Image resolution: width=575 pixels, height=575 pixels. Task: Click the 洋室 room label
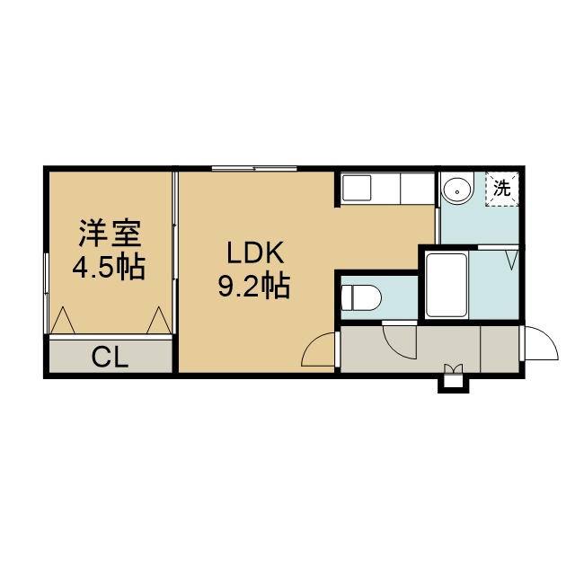pyautogui.click(x=110, y=234)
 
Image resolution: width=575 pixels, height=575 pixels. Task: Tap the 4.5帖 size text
pyautogui.click(x=109, y=268)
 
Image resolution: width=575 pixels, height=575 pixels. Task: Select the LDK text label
pyautogui.click(x=255, y=253)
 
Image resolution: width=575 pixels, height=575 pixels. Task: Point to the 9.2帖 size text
pyautogui.click(x=254, y=286)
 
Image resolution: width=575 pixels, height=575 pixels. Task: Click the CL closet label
pyautogui.click(x=110, y=358)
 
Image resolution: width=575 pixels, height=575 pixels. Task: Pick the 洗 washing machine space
pyautogui.click(x=502, y=189)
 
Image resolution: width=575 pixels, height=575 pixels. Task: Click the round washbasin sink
pyautogui.click(x=457, y=191)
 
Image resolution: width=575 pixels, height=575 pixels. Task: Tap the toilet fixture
pyautogui.click(x=361, y=297)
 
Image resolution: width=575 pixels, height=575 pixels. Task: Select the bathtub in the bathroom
pyautogui.click(x=447, y=285)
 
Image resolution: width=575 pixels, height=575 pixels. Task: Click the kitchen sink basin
pyautogui.click(x=356, y=187)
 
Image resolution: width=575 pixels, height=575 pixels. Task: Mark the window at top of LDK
pyautogui.click(x=254, y=169)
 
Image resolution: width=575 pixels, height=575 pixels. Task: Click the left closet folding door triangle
pyautogui.click(x=63, y=320)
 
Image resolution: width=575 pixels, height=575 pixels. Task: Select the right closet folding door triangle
pyautogui.click(x=159, y=320)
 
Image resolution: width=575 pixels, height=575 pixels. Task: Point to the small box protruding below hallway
pyautogui.click(x=454, y=384)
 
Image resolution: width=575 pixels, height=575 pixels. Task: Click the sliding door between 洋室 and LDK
pyautogui.click(x=175, y=253)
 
